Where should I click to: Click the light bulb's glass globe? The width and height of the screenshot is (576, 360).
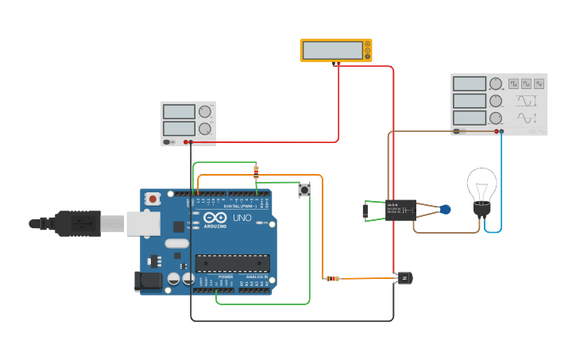pyautogui.click(x=481, y=184)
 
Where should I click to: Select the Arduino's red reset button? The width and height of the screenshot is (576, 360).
pyautogui.click(x=153, y=199)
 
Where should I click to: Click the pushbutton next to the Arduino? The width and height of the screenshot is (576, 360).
pyautogui.click(x=303, y=190)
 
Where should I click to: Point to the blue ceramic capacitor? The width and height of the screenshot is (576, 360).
pyautogui.click(x=445, y=210)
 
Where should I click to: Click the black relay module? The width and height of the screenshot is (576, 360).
pyautogui.click(x=400, y=210)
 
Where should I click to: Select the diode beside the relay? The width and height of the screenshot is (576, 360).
pyautogui.click(x=365, y=211)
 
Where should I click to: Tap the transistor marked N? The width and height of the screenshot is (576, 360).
pyautogui.click(x=405, y=278)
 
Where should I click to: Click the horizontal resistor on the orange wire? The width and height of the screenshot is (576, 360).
pyautogui.click(x=333, y=278)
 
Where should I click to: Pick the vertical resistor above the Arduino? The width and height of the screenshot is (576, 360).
pyautogui.click(x=255, y=171)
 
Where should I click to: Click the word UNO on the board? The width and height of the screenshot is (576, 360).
pyautogui.click(x=242, y=218)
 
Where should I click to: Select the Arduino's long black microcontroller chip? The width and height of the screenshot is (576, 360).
pyautogui.click(x=232, y=263)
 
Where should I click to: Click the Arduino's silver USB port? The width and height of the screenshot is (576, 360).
pyautogui.click(x=143, y=223)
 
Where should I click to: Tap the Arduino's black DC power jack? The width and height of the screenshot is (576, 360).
pyautogui.click(x=148, y=281)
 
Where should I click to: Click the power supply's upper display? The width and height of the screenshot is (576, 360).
pyautogui.click(x=179, y=111)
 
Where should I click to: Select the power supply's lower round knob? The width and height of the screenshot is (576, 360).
pyautogui.click(x=205, y=128)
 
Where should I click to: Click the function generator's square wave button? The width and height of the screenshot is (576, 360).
pyautogui.click(x=513, y=83)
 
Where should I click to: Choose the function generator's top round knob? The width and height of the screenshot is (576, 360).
pyautogui.click(x=496, y=83)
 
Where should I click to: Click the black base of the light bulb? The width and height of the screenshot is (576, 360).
pyautogui.click(x=481, y=209)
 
